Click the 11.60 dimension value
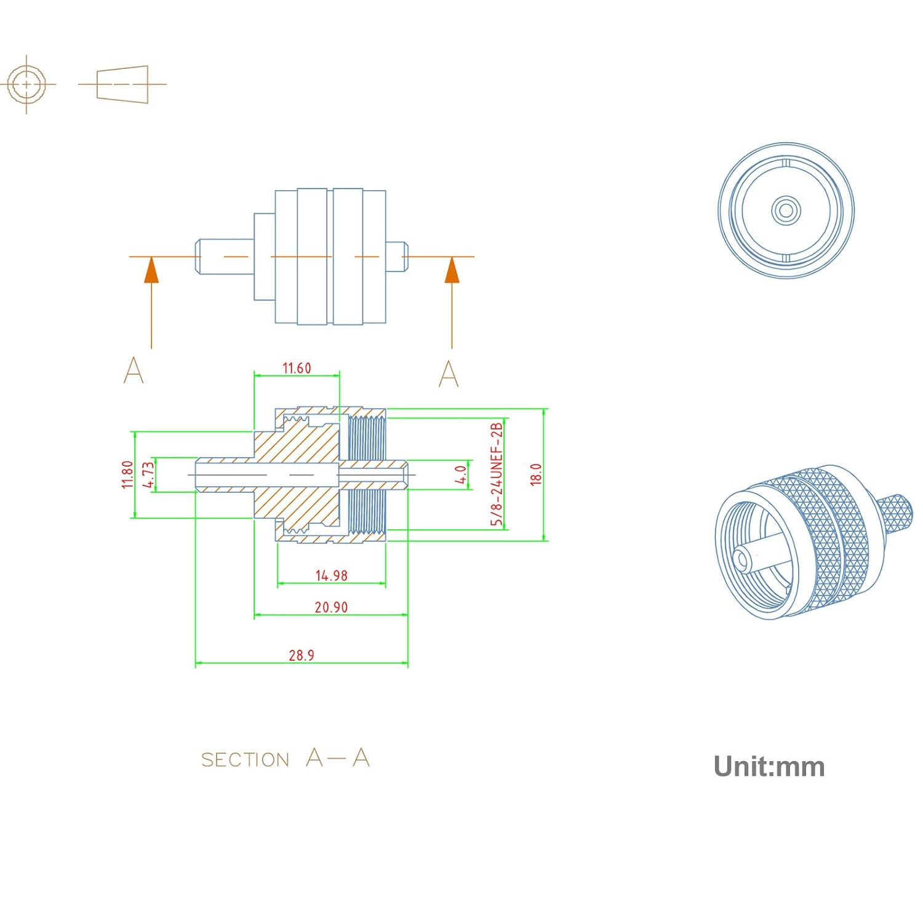[x=297, y=368]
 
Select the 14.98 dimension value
[x=331, y=575]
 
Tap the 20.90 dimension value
[x=331, y=607]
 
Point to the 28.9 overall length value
[x=302, y=655]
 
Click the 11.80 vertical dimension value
[x=127, y=475]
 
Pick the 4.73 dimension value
[x=148, y=475]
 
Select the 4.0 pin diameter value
[x=460, y=475]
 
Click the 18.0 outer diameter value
[x=536, y=475]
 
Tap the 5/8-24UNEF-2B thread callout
[x=497, y=474]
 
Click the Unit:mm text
[x=769, y=767]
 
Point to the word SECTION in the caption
[x=245, y=760]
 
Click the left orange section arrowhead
[x=151, y=271]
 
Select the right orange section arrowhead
[x=452, y=271]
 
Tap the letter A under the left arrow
[x=134, y=370]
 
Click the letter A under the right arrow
[x=449, y=374]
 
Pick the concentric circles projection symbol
[x=26, y=84]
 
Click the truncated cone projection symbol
[x=122, y=84]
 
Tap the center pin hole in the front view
[x=786, y=210]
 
